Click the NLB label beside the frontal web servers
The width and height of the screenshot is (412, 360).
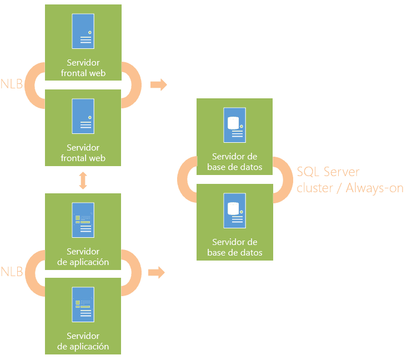tap(12, 84)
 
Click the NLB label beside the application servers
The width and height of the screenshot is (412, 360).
tap(12, 272)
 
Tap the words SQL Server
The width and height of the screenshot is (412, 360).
tap(328, 172)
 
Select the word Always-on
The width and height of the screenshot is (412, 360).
tap(374, 188)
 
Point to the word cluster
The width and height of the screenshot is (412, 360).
tap(315, 188)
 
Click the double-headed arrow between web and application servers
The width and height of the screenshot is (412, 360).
tap(83, 181)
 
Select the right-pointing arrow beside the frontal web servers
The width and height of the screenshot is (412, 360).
tap(159, 84)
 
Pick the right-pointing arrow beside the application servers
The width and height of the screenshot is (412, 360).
tap(157, 272)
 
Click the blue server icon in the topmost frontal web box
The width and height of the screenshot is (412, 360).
tap(83, 31)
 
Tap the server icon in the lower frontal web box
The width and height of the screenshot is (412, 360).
tap(83, 116)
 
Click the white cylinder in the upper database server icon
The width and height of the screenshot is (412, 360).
tap(233, 123)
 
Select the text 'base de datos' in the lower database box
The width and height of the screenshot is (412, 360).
tap(235, 252)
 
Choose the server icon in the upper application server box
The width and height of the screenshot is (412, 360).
tap(83, 220)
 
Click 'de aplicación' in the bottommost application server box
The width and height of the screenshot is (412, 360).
tap(83, 346)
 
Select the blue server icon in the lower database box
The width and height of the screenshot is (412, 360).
tap(235, 211)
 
